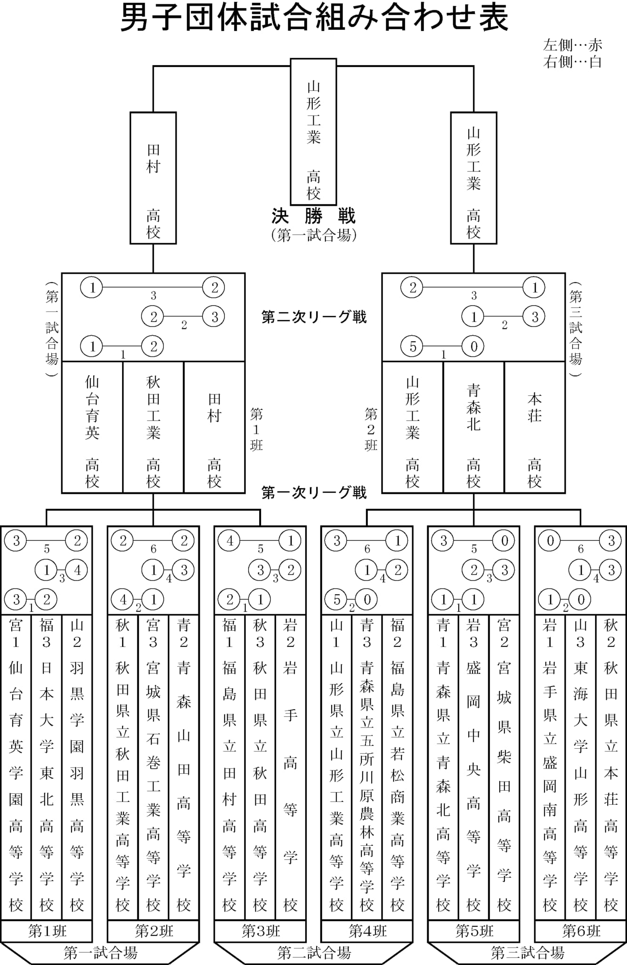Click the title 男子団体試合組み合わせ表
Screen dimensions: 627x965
[x=314, y=18]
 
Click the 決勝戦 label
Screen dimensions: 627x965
[x=313, y=216]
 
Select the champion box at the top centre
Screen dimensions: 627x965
[x=313, y=132]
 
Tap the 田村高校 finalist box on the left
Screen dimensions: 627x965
[x=153, y=178]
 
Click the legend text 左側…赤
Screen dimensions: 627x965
[x=572, y=45]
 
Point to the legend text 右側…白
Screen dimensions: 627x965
[x=572, y=62]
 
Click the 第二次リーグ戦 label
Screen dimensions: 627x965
[x=314, y=317]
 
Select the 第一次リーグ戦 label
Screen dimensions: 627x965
[x=314, y=493]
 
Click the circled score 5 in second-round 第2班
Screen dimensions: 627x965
[x=413, y=347]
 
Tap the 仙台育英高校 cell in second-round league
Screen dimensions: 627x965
[x=92, y=427]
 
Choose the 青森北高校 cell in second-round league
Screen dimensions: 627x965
[x=473, y=427]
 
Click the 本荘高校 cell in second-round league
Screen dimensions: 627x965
[x=535, y=427]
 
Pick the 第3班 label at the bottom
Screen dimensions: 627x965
[x=261, y=931]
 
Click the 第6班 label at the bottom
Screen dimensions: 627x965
[x=581, y=931]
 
